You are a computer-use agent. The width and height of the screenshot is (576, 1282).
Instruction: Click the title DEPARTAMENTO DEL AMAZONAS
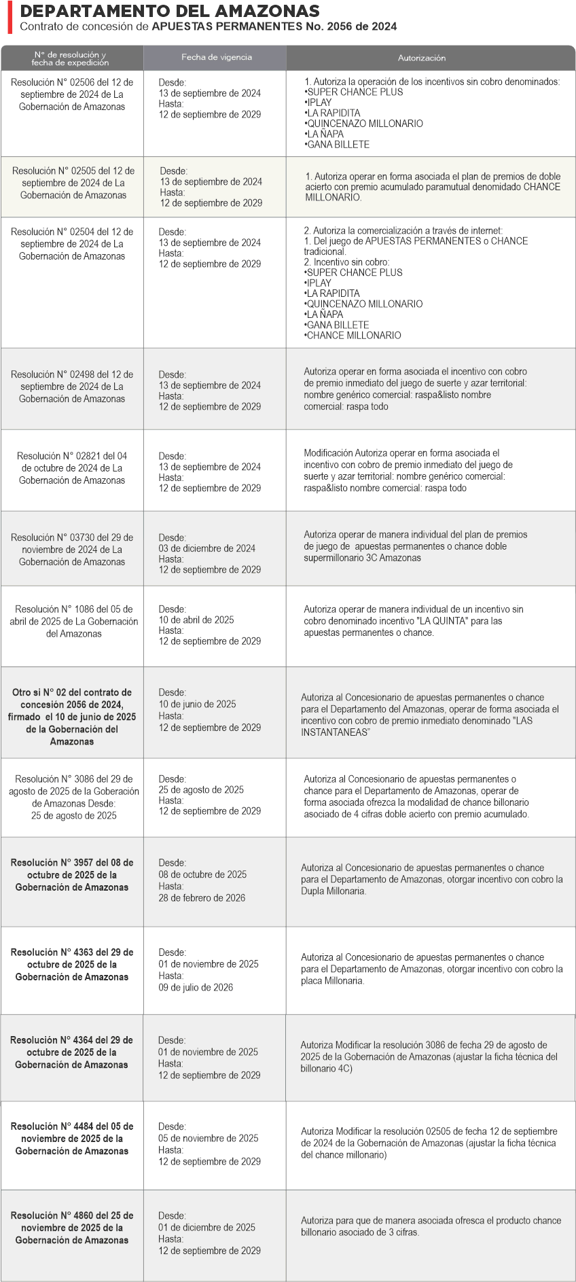tap(170, 12)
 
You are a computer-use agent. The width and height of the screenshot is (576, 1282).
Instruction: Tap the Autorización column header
tap(421, 58)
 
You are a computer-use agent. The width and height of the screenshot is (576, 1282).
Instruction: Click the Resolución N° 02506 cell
tap(72, 94)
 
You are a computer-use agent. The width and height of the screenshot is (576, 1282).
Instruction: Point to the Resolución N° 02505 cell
tap(73, 183)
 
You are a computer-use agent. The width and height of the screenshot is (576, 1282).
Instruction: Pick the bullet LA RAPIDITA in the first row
tap(333, 113)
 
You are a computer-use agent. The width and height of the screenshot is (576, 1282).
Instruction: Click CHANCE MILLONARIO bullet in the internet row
tap(353, 336)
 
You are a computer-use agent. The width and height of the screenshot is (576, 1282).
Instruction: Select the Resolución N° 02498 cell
tap(72, 387)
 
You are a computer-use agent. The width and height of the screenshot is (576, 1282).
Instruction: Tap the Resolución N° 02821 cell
tap(72, 468)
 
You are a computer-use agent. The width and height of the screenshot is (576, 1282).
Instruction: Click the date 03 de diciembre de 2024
tap(207, 548)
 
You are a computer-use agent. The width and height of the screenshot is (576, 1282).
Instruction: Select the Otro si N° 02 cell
tap(72, 717)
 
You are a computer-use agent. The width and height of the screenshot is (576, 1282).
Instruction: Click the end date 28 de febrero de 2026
tap(202, 897)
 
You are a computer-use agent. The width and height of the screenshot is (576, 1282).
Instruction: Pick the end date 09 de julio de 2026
tap(196, 987)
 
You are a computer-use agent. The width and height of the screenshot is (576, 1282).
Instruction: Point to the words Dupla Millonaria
tap(333, 891)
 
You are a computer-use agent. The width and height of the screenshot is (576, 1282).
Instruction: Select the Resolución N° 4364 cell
tap(72, 1052)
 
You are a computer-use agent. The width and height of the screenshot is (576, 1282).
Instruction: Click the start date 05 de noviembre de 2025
tap(209, 1138)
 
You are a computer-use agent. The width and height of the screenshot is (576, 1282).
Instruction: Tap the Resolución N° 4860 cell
tap(72, 1228)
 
